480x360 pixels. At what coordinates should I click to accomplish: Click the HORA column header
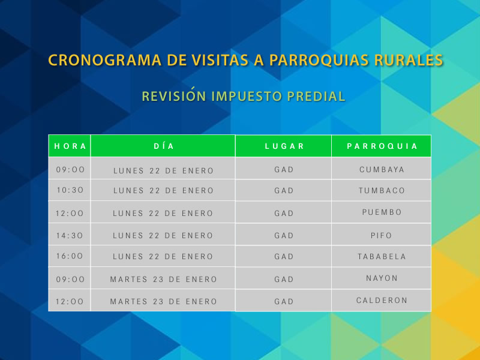70,146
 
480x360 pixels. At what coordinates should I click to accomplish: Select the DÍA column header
163,146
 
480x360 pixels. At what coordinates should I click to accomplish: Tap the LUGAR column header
284,146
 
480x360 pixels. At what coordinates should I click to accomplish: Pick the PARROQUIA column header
382,146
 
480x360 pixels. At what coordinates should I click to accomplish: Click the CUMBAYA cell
382,169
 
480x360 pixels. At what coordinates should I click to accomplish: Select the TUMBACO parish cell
382,191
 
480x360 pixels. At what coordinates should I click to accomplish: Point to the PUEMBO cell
382,212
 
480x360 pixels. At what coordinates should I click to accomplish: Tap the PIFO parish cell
382,235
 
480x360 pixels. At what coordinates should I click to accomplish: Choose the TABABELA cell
382,257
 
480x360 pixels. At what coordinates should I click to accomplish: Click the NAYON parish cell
382,278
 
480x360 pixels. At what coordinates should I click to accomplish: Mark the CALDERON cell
382,301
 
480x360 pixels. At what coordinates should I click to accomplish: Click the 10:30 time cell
70,191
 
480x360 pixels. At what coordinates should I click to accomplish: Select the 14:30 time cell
70,235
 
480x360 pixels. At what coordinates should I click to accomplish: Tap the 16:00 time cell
70,257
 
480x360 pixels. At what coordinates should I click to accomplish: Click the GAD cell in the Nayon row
284,279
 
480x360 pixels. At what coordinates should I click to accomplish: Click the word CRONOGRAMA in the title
94,61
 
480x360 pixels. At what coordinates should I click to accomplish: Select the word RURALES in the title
409,61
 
